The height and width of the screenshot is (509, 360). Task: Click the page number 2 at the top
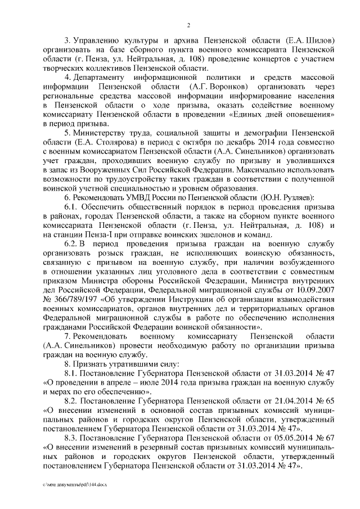(x=189, y=25)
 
